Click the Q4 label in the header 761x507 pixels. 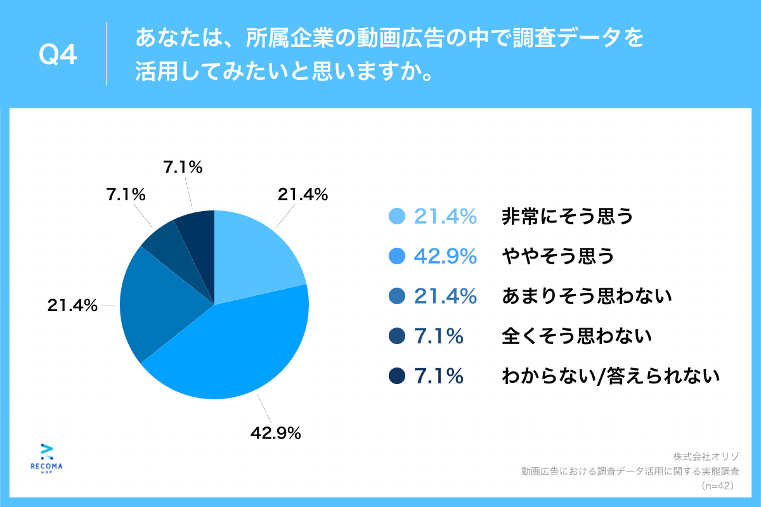tap(58, 56)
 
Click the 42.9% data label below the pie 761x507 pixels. tap(275, 433)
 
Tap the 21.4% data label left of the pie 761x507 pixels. tap(72, 305)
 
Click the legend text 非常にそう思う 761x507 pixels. tap(567, 217)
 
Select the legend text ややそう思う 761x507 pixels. tap(557, 256)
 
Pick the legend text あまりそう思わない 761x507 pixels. tap(587, 296)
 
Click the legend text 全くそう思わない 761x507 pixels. tap(576, 336)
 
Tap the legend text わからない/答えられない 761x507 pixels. tap(611, 376)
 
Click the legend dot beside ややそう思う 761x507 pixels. tap(396, 256)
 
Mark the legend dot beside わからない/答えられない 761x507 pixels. tap(396, 376)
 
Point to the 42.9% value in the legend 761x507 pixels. tap(445, 256)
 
